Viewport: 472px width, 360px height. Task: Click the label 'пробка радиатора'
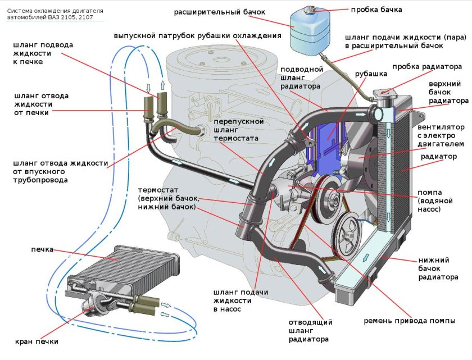pyautogui.click(x=426, y=66)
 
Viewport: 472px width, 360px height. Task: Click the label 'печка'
pyautogui.click(x=43, y=248)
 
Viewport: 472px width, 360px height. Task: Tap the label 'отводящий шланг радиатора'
pyautogui.click(x=310, y=331)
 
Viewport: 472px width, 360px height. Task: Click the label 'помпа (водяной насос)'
pyautogui.click(x=433, y=200)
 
